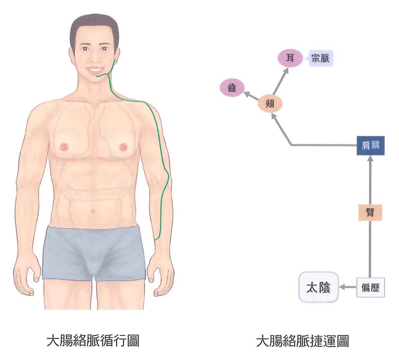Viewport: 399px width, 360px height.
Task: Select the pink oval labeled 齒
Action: [232, 88]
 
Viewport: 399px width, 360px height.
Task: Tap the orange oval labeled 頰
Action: [270, 104]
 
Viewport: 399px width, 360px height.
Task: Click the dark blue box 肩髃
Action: [371, 145]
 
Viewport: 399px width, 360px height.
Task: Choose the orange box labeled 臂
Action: [370, 212]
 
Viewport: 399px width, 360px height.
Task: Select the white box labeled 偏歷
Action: [370, 287]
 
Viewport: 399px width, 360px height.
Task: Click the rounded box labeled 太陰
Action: [318, 287]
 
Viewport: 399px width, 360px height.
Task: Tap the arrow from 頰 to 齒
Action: [252, 96]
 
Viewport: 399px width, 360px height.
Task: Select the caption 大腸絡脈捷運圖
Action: [302, 341]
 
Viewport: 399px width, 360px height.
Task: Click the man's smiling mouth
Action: [95, 70]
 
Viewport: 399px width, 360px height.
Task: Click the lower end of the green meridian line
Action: [155, 240]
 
